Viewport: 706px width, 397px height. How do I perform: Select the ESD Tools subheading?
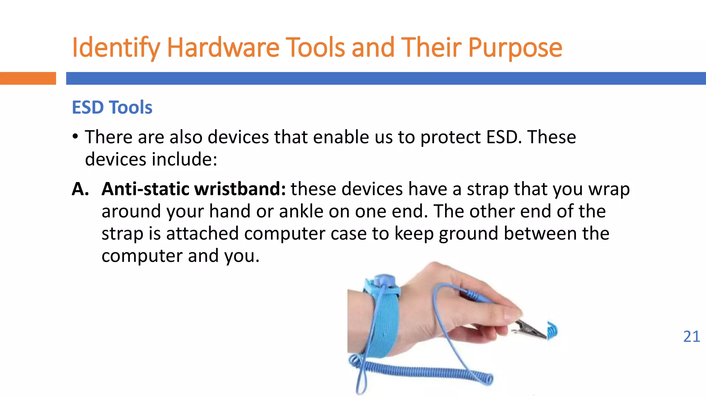point(112,107)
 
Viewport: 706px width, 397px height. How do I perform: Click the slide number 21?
point(691,336)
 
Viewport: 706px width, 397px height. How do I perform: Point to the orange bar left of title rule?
point(28,78)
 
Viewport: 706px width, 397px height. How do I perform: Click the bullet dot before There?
point(75,136)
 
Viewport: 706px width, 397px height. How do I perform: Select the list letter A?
point(80,189)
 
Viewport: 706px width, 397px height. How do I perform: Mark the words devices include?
point(151,159)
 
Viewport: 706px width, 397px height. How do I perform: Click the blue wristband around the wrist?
point(383,320)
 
